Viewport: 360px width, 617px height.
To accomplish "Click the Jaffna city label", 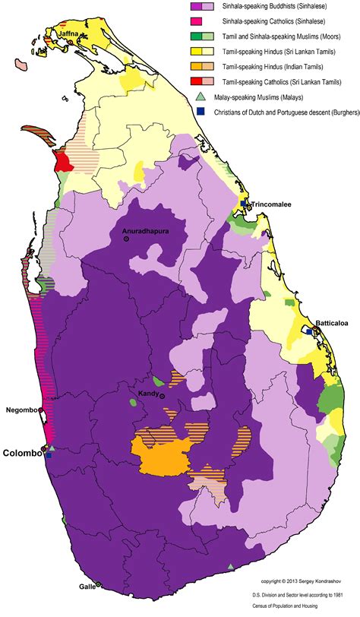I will pos(67,35).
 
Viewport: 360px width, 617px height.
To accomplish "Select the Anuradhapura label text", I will pos(143,230).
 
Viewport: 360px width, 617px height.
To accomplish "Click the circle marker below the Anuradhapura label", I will pos(127,239).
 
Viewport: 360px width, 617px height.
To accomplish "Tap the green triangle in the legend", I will pos(200,96).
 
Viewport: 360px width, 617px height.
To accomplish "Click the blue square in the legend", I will pos(201,111).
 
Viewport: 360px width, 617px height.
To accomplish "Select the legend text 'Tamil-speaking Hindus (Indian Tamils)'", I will pos(272,67).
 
